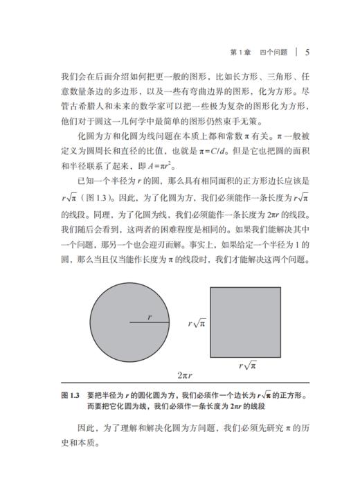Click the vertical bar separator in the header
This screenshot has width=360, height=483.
[x=295, y=52]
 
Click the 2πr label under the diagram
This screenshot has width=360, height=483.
[x=184, y=375]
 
